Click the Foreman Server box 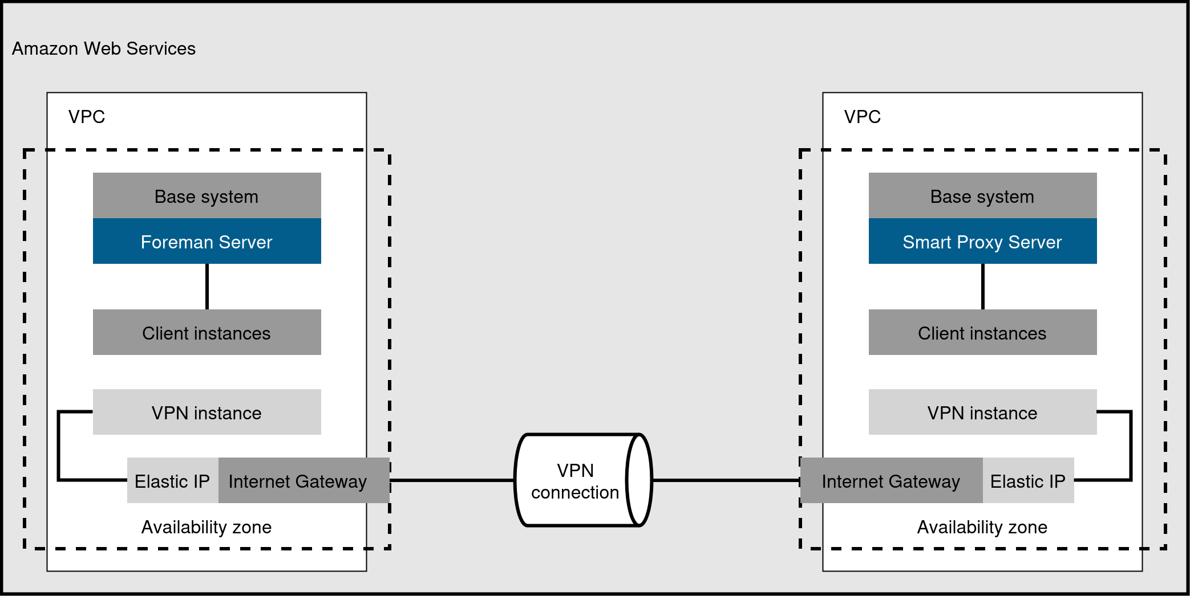pyautogui.click(x=207, y=242)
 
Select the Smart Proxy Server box pyautogui.click(x=982, y=242)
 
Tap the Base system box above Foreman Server pyautogui.click(x=207, y=196)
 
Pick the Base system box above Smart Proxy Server pyautogui.click(x=982, y=196)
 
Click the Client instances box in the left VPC pyautogui.click(x=207, y=333)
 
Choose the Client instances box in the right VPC pyautogui.click(x=982, y=333)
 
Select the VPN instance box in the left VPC pyautogui.click(x=207, y=413)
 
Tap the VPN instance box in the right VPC pyautogui.click(x=982, y=413)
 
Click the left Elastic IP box pyautogui.click(x=172, y=481)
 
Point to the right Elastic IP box pyautogui.click(x=1027, y=481)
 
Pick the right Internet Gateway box pyautogui.click(x=891, y=481)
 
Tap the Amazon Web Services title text pyautogui.click(x=104, y=48)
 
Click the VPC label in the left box pyautogui.click(x=87, y=117)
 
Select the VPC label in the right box pyautogui.click(x=862, y=117)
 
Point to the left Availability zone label pyautogui.click(x=207, y=527)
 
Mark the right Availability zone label pyautogui.click(x=982, y=527)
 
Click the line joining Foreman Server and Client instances pyautogui.click(x=207, y=287)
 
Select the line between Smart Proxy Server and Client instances pyautogui.click(x=982, y=287)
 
